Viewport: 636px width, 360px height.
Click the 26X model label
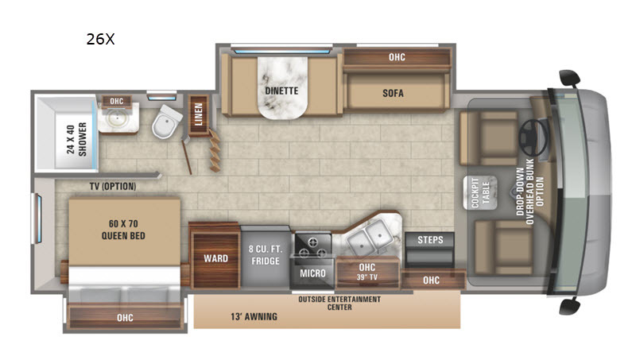point(101,39)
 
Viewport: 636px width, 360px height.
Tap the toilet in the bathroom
point(167,122)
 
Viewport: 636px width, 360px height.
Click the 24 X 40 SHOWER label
point(76,139)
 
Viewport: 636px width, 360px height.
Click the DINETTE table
point(282,87)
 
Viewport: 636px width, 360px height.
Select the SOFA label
point(393,93)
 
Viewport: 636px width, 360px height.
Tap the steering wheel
point(533,137)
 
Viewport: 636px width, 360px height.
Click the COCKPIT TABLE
point(480,192)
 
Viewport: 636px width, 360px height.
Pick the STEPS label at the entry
point(430,239)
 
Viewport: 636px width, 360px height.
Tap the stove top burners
point(312,246)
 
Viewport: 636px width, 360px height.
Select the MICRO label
point(312,273)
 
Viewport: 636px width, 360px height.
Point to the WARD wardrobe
point(215,258)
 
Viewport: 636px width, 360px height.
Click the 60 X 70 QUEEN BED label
point(123,230)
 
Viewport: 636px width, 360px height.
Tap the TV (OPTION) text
point(113,187)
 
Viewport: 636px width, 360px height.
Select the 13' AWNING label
point(254,316)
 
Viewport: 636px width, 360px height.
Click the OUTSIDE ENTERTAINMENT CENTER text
point(339,304)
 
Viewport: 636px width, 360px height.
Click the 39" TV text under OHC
point(367,277)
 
